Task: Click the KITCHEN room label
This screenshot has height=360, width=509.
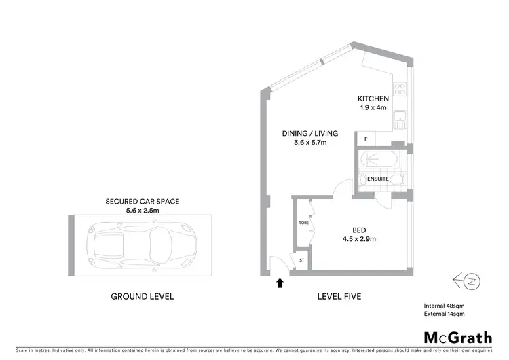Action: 374,98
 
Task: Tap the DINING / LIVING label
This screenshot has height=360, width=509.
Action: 309,133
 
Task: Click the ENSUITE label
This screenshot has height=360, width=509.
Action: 378,179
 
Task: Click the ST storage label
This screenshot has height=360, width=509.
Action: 301,259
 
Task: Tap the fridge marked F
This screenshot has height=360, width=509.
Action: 366,139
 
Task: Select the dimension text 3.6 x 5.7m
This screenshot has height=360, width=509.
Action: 309,143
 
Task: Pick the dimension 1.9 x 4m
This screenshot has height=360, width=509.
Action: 374,108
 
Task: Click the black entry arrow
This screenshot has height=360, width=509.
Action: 279,283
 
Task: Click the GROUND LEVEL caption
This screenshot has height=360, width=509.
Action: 142,296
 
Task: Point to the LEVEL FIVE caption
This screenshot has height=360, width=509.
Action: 339,296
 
